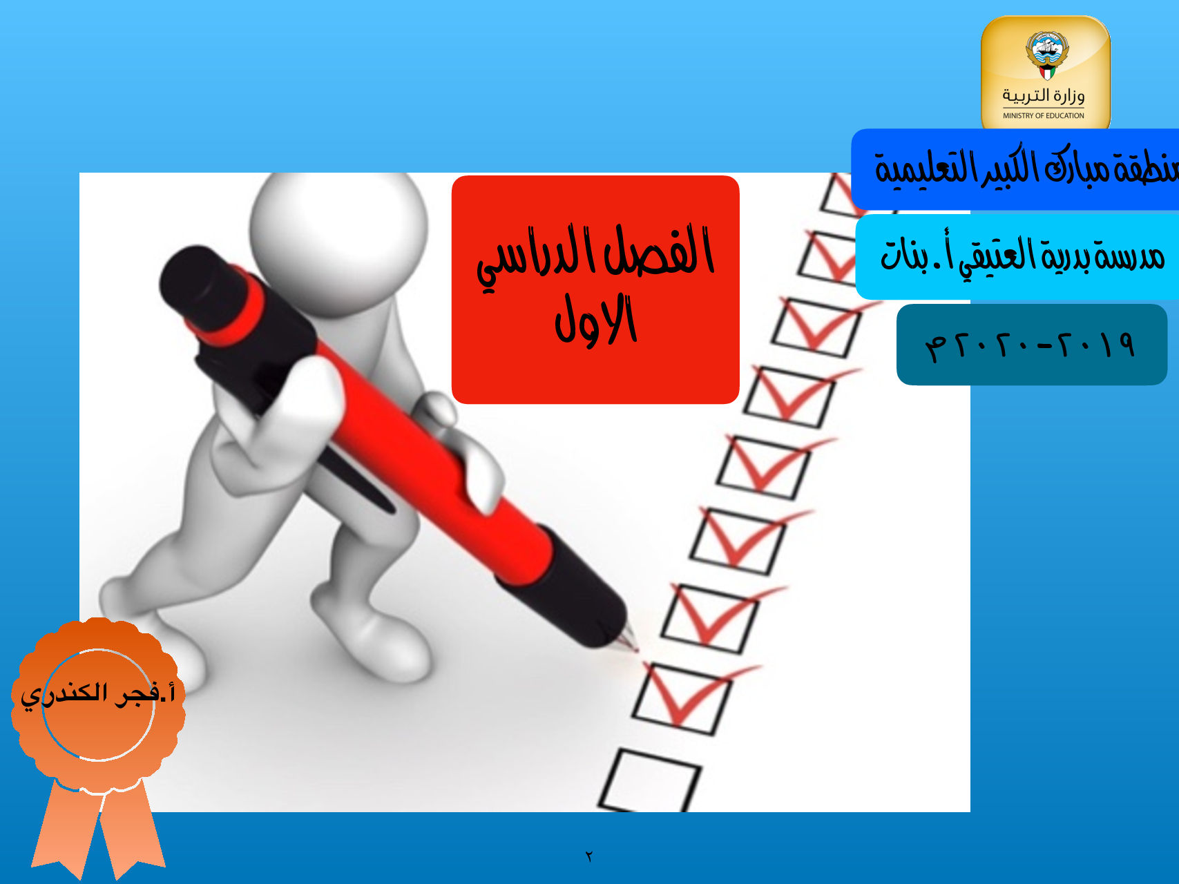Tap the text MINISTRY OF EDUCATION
tap(1044, 116)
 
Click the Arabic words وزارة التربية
tap(1044, 95)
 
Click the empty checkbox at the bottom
tap(649, 780)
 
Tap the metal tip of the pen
tap(628, 639)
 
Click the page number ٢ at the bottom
tap(589, 856)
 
